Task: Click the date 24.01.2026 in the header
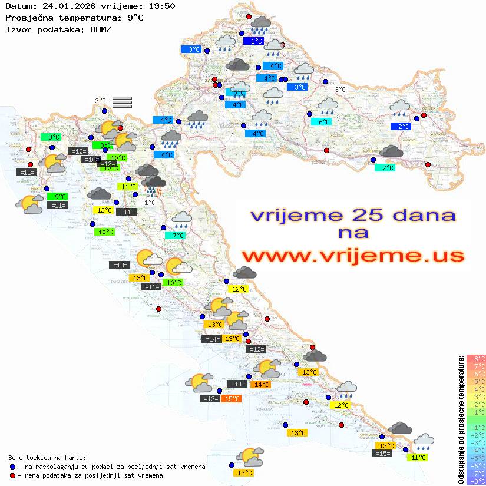67,6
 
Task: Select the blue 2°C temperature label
404,127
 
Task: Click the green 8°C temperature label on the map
54,137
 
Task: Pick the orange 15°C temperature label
232,399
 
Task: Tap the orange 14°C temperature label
261,385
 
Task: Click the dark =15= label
382,453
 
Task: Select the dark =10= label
91,160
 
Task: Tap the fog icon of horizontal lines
122,102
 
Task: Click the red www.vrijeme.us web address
353,256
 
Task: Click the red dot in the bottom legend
14,475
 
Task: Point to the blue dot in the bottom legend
14,467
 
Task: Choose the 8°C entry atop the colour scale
475,359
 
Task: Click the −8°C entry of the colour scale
475,481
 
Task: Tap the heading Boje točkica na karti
47,458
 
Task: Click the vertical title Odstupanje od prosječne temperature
461,419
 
